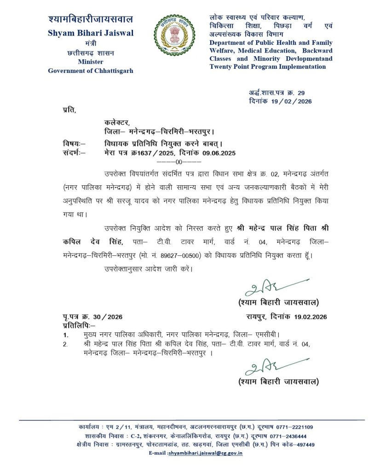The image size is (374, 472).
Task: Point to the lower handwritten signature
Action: pos(274,367)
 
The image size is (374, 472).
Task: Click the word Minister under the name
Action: pos(90,62)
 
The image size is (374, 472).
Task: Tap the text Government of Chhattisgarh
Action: pos(90,71)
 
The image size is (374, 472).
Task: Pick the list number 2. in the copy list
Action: pos(66,344)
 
